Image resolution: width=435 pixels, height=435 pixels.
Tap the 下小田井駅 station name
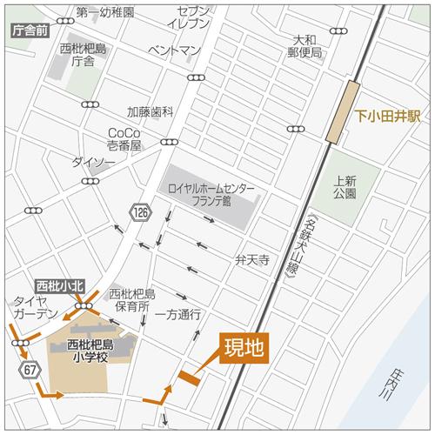(x=387, y=115)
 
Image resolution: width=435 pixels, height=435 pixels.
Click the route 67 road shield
(x=30, y=371)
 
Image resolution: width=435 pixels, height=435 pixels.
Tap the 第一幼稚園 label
(x=104, y=13)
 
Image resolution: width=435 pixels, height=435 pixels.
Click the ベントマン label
(x=175, y=51)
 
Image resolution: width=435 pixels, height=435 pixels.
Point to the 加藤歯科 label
(x=151, y=112)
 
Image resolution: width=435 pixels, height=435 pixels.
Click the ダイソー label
(x=92, y=162)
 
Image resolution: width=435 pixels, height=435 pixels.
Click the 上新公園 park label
(x=345, y=187)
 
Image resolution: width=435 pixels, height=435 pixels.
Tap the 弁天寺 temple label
(x=251, y=259)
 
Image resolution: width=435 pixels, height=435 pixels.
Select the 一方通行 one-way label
(x=178, y=313)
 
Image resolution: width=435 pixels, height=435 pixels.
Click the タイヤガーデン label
(x=35, y=307)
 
